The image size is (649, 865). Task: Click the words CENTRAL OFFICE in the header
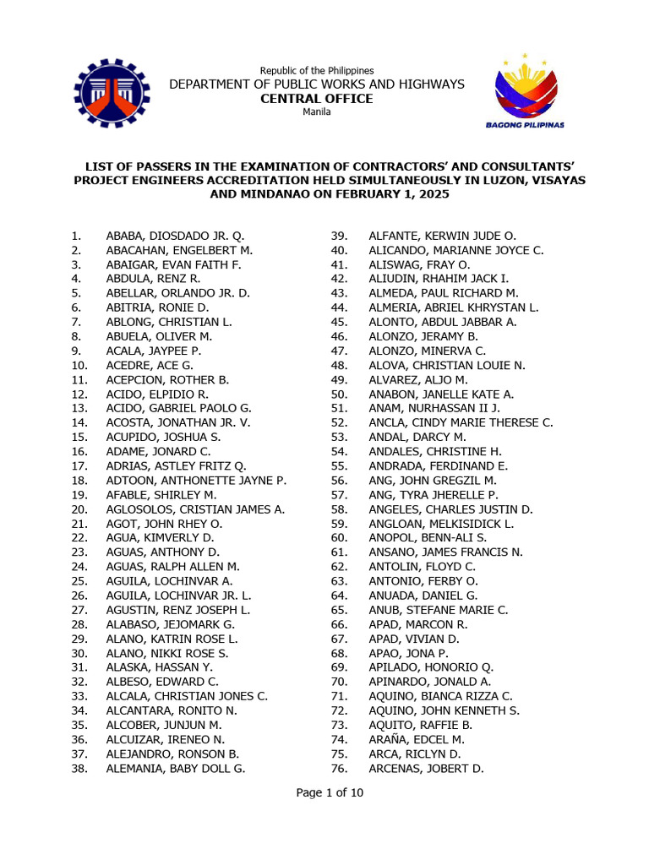click(x=317, y=99)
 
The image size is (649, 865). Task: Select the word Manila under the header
click(x=317, y=112)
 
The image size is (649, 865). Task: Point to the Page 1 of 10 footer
click(x=330, y=792)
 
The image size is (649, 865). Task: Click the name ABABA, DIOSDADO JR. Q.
click(x=175, y=237)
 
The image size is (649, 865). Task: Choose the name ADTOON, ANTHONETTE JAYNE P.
click(x=196, y=481)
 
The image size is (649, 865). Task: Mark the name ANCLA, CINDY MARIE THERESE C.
click(x=461, y=422)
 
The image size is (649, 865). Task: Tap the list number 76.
click(x=340, y=768)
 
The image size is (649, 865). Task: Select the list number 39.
click(x=340, y=237)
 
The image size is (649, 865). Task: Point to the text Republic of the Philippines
click(x=317, y=70)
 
